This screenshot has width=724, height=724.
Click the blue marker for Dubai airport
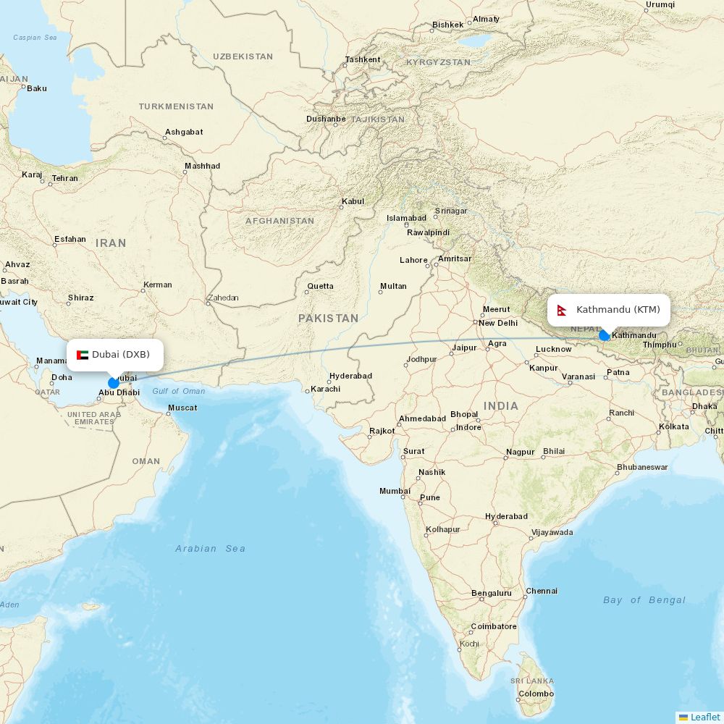(114, 383)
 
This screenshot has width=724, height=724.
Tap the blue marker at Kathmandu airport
(605, 335)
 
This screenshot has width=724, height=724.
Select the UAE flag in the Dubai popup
(83, 355)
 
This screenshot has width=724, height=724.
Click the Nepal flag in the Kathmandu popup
(561, 311)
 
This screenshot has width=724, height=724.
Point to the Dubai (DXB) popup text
(121, 355)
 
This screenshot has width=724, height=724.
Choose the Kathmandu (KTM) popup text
(618, 310)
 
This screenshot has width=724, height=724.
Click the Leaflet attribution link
(704, 717)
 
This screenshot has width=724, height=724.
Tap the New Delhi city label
(498, 323)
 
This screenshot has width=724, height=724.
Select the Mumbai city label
(395, 491)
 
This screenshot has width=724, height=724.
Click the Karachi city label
(325, 389)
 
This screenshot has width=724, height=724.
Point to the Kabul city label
(353, 201)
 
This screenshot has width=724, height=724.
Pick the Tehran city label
(64, 178)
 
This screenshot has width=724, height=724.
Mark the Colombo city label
(536, 694)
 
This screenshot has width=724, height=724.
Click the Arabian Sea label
(210, 549)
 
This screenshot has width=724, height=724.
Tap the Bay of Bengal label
(644, 600)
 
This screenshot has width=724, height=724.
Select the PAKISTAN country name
(328, 318)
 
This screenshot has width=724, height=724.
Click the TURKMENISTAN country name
(176, 106)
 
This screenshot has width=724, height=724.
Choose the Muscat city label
(182, 408)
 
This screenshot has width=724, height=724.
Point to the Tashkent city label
(363, 59)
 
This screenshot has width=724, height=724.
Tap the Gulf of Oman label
(178, 391)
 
